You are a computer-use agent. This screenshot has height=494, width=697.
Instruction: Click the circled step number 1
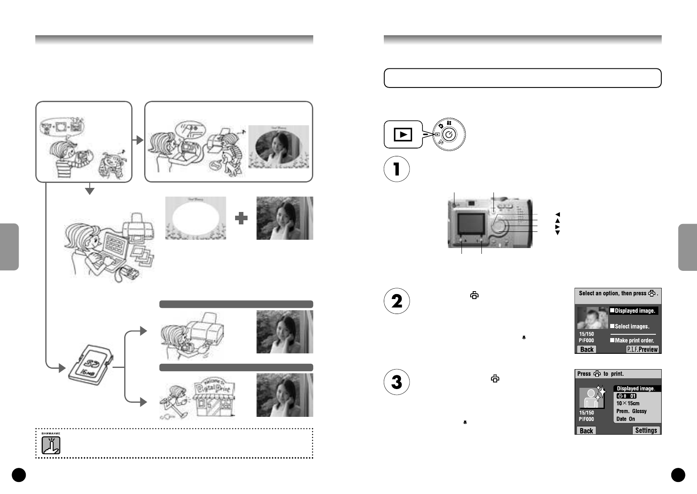click(x=396, y=169)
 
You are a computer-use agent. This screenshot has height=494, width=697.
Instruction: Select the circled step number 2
click(x=396, y=301)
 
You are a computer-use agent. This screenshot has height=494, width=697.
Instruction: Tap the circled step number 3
click(x=396, y=382)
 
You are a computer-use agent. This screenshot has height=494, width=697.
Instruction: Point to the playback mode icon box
click(x=402, y=134)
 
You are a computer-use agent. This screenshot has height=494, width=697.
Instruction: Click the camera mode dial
click(x=449, y=134)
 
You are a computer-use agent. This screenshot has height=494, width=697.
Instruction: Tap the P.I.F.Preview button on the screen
click(x=642, y=349)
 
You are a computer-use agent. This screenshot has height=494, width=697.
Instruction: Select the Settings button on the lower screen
click(x=646, y=430)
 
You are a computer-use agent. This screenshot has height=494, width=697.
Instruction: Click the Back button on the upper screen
click(x=587, y=349)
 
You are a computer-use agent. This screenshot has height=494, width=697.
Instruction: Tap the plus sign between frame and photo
click(x=241, y=218)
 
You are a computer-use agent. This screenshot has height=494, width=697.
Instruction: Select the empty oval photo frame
click(x=196, y=218)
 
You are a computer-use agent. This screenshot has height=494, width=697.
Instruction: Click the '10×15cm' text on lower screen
click(x=628, y=403)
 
